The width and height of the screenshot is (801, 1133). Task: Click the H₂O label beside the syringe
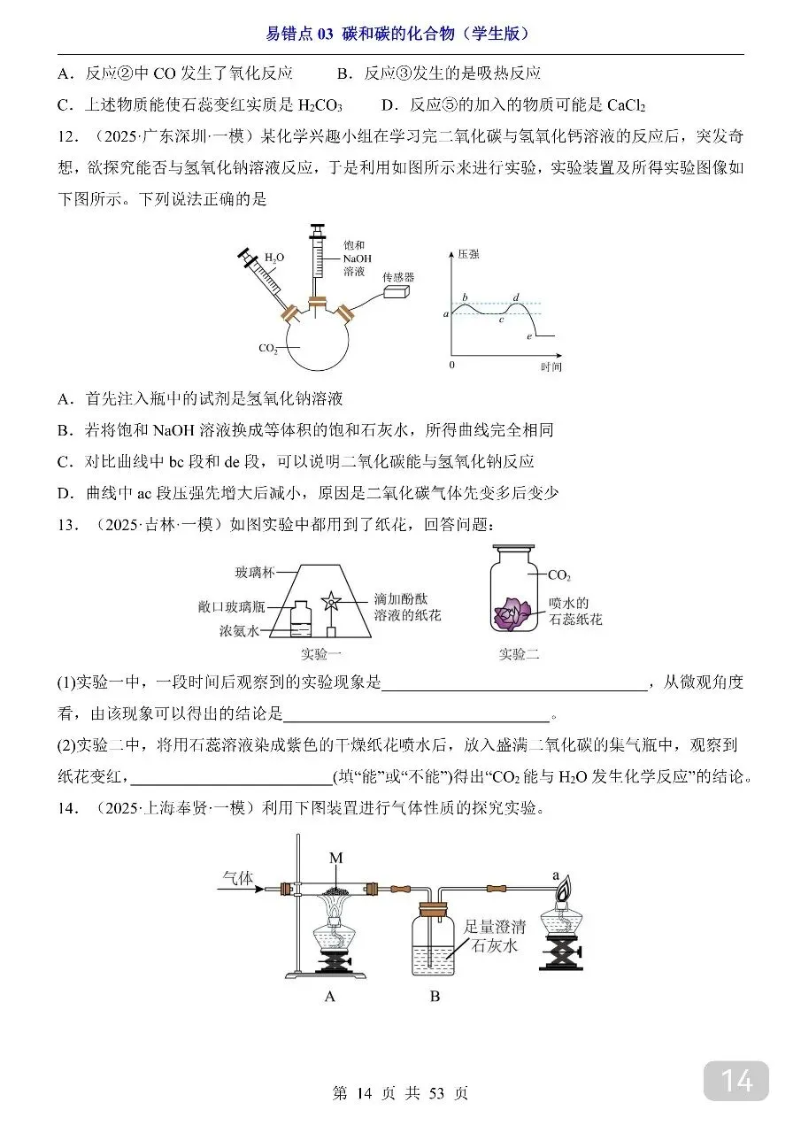pos(274,258)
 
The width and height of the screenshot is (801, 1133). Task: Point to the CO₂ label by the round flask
pos(268,349)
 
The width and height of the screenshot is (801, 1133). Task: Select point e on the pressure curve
pos(528,337)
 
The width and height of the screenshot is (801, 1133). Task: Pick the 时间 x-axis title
pos(551,366)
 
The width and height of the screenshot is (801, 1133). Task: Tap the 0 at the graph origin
pos(451,365)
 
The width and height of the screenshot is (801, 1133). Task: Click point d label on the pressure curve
pos(516,297)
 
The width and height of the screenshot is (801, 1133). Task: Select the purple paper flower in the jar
pos(514,612)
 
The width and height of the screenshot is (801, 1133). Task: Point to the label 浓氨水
pos(239,631)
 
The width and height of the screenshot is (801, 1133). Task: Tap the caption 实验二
pos(519,655)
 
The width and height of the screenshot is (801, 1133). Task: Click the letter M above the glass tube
pos(335,858)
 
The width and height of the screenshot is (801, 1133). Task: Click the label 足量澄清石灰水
pos(495,936)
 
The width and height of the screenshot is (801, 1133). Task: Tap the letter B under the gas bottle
pos(435,997)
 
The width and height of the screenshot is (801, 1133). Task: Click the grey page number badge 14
pos(736,1081)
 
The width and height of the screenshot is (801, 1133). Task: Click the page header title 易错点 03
pos(300,35)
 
